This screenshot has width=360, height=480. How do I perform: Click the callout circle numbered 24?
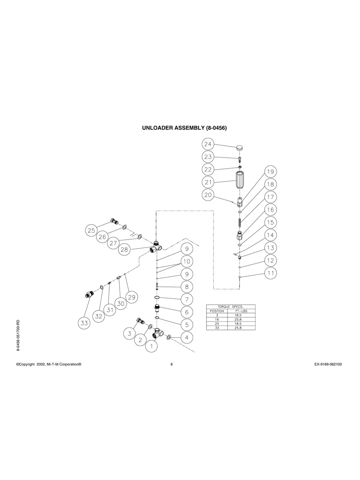tap(208, 144)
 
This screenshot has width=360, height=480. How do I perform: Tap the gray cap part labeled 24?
tap(240, 147)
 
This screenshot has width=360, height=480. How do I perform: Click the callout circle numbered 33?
tap(84, 323)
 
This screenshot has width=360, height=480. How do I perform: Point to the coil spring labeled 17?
tap(240, 223)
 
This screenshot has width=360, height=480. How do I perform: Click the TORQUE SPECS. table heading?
tap(230, 307)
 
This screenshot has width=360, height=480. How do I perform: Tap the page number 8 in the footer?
tap(172, 364)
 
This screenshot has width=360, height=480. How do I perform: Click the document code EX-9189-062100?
tap(325, 364)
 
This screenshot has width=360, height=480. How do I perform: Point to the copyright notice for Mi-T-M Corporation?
tap(49, 364)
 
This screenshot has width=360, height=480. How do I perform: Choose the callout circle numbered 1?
tap(151, 346)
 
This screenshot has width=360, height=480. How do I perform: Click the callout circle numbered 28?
tap(125, 249)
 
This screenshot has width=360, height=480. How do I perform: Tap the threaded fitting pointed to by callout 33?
tap(89, 295)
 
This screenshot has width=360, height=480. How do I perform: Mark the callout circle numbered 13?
tap(270, 248)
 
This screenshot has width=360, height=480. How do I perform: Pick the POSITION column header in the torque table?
tap(217, 311)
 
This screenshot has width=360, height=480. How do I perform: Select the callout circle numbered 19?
tap(270, 172)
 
